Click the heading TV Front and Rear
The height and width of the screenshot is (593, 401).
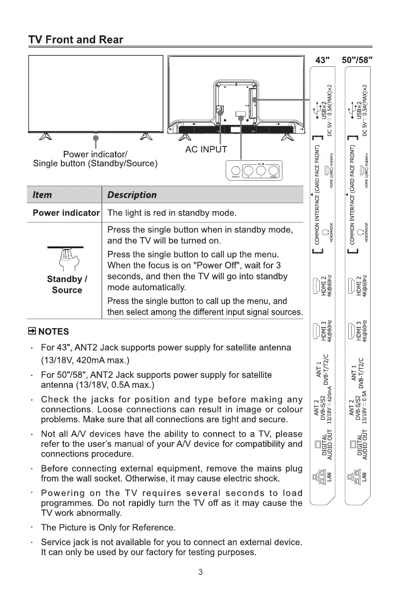76,39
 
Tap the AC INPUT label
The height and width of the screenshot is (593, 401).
206,149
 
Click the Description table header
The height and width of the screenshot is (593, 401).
132,195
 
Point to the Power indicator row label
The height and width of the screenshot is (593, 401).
66,213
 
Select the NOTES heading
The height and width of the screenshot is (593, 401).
49,332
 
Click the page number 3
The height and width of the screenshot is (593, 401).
200,572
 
